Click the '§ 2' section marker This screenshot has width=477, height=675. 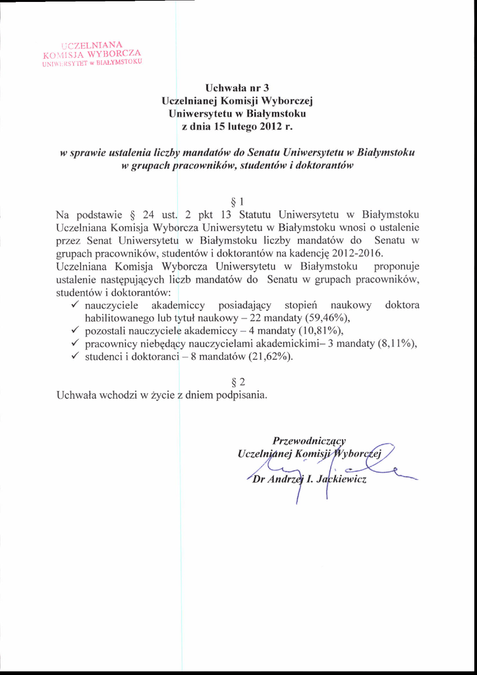tap(238, 382)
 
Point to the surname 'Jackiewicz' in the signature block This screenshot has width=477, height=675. tap(342, 480)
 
